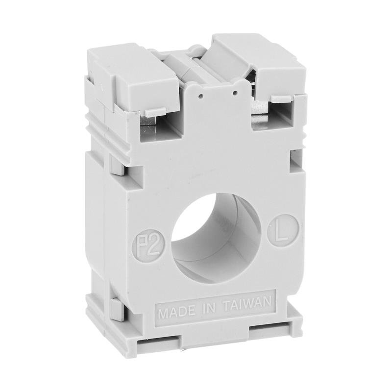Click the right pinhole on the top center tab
[236, 92]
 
